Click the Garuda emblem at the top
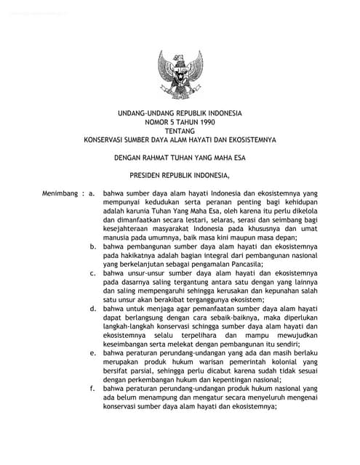pos(180,76)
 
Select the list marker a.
pos(93,194)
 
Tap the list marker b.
pos(93,247)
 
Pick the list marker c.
pos(93,273)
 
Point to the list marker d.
pos(93,309)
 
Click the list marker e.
pos(93,352)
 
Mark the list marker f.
pos(93,388)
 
